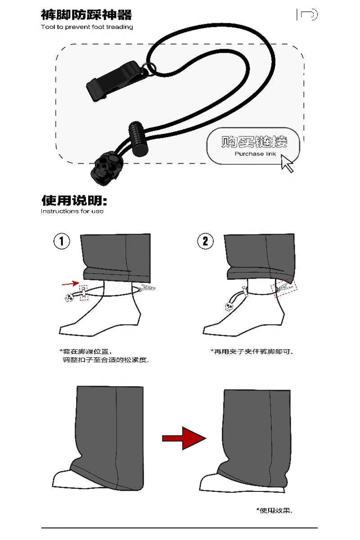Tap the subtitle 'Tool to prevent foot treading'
[x=87, y=27]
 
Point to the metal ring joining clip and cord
[x=150, y=68]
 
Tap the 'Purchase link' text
[x=255, y=154]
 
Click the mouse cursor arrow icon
[x=287, y=163]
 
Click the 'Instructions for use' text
[x=72, y=211]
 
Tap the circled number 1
[x=62, y=241]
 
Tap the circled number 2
[x=205, y=241]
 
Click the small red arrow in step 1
[x=69, y=283]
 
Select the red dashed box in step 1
[x=83, y=292]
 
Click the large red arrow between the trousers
[x=184, y=437]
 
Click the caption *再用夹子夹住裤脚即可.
[x=251, y=351]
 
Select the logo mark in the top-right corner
[x=307, y=15]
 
